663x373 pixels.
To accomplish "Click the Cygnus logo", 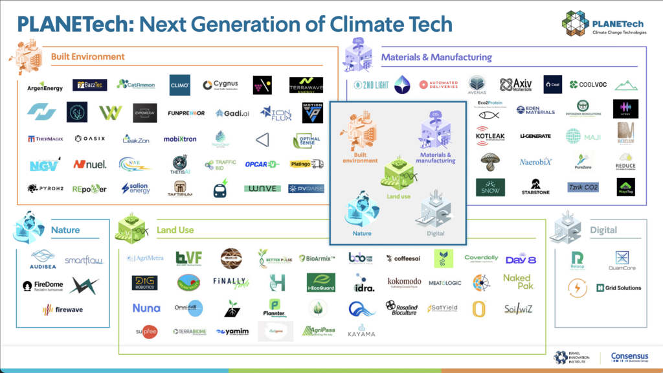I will [x=220, y=85].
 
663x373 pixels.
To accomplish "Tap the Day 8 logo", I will [x=521, y=259].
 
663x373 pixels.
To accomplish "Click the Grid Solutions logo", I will [x=618, y=288].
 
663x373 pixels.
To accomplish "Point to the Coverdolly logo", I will [x=481, y=258].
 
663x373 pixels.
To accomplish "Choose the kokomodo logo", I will [x=404, y=282].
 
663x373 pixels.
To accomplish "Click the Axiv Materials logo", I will [x=515, y=85].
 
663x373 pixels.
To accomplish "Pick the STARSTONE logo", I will [x=535, y=187].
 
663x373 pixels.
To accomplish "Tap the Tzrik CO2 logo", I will [x=583, y=187].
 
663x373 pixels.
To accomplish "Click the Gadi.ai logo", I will [x=232, y=113].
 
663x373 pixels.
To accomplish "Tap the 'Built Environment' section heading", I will [x=87, y=56].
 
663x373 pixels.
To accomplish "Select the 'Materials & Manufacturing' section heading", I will [x=436, y=57].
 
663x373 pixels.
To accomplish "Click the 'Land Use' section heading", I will [x=175, y=230].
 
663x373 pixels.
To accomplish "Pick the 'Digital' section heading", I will [x=603, y=230].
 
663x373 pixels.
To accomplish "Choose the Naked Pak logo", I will [x=517, y=282].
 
